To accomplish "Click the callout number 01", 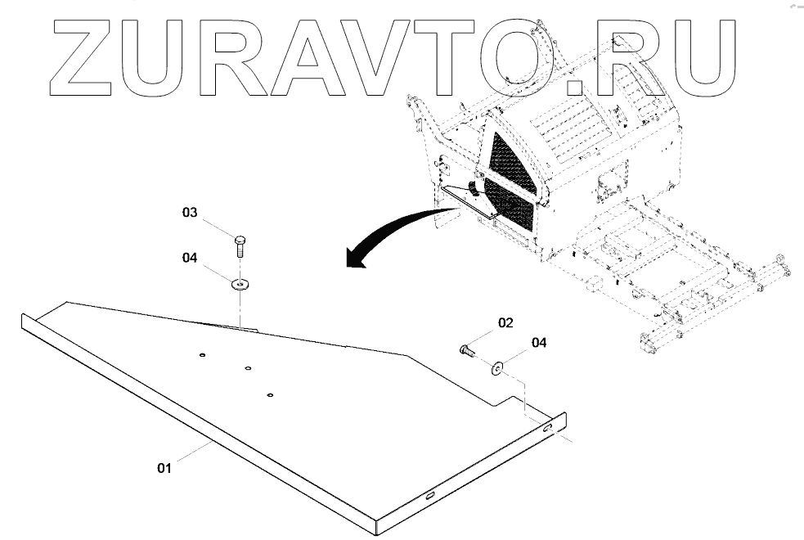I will tap(164, 468).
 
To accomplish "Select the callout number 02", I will tap(505, 323).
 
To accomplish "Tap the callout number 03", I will tap(190, 213).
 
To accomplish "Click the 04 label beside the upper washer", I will tap(190, 258).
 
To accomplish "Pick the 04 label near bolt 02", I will tap(539, 343).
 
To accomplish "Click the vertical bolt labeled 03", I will tap(239, 245).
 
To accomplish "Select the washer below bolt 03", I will tap(240, 284).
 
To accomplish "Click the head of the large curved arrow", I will tap(353, 258).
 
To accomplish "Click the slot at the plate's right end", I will tap(546, 428).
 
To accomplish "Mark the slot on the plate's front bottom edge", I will tap(428, 493).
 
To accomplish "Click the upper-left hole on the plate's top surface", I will tap(202, 354).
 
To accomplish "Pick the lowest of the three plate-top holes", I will tap(270, 395).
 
